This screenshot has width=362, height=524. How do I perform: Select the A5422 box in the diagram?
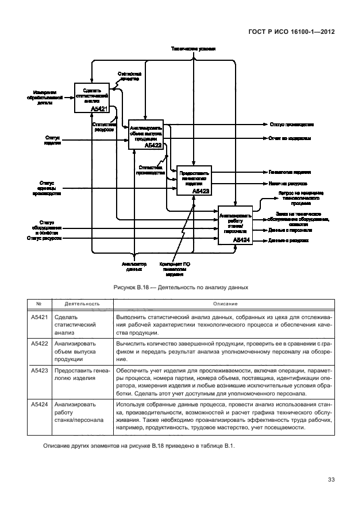pos(146,135)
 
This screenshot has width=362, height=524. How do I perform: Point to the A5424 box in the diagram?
pos(235,225)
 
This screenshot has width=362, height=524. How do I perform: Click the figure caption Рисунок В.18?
pos(180,286)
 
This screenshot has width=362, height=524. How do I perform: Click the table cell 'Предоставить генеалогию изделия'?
pos(80,375)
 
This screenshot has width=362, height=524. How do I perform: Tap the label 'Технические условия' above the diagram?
pos(193,49)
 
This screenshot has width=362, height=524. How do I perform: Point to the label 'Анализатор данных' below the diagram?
pos(134,266)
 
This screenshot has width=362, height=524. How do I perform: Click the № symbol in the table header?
pos(38,304)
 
